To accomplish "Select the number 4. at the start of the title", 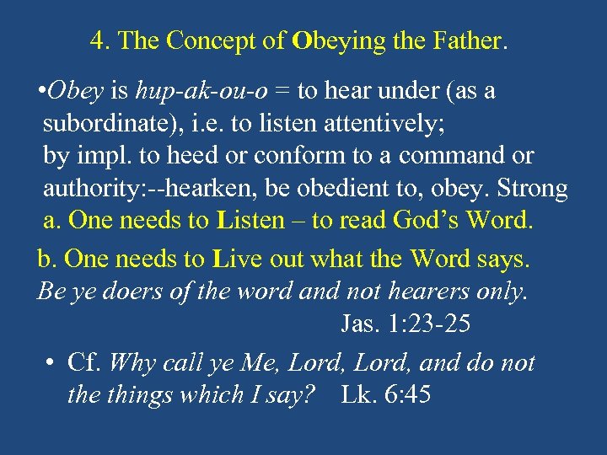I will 100,40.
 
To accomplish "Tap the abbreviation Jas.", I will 357,323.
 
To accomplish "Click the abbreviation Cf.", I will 83,362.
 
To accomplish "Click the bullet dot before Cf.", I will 51,363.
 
